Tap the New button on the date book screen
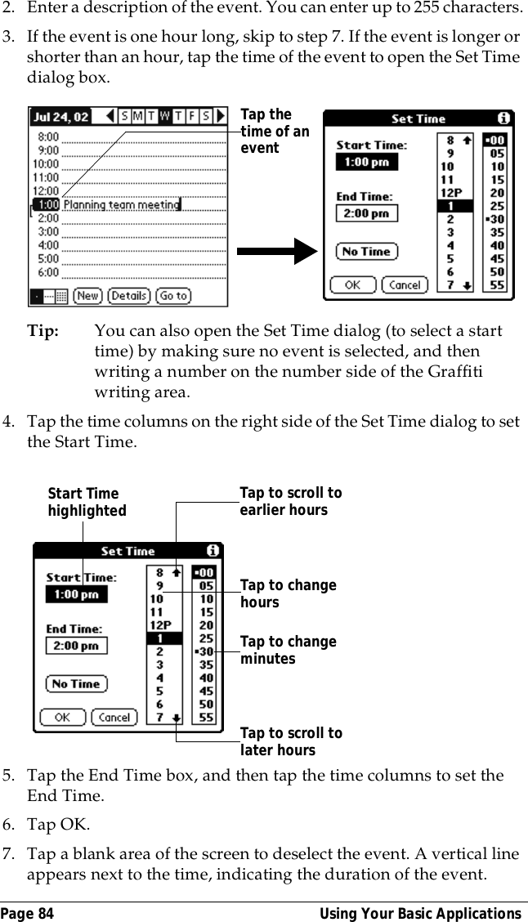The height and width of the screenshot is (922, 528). (x=88, y=296)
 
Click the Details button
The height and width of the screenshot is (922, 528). (x=128, y=296)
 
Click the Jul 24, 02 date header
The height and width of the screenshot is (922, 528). (x=60, y=117)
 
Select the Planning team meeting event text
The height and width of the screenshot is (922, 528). (x=121, y=204)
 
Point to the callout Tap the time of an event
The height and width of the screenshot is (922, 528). (x=275, y=132)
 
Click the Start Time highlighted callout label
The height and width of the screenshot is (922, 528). (x=87, y=502)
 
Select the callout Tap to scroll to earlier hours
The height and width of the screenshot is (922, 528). (x=290, y=501)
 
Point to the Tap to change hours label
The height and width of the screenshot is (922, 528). (x=288, y=593)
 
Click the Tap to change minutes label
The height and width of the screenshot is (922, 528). (x=288, y=650)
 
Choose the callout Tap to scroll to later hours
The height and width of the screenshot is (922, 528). (x=290, y=741)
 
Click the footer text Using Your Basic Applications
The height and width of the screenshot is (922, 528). (x=419, y=913)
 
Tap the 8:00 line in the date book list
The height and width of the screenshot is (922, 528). (x=48, y=137)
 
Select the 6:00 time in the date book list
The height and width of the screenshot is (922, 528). (x=48, y=271)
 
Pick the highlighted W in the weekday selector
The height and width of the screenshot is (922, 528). (x=164, y=117)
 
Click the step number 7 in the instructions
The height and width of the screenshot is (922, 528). (x=10, y=854)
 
